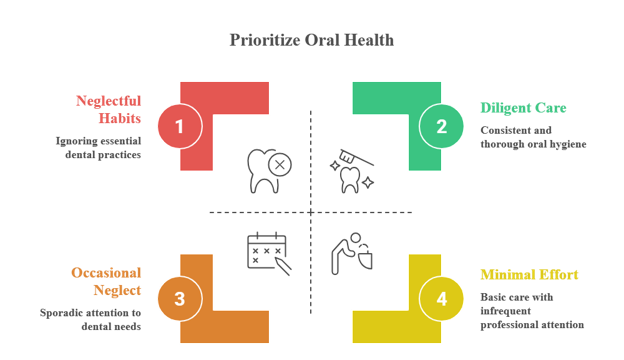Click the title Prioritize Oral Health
(312, 40)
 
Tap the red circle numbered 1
(180, 126)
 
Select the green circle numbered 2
(441, 126)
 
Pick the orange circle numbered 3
(180, 299)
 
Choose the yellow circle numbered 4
(441, 299)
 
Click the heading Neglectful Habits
(109, 109)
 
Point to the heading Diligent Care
(523, 108)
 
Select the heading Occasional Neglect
(106, 281)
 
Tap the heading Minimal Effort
(529, 274)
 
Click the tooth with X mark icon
(269, 171)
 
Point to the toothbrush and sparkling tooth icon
(352, 171)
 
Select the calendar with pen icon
(269, 253)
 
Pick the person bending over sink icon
(352, 254)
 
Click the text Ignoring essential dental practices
(98, 148)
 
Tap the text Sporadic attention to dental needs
(90, 319)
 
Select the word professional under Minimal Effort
(505, 325)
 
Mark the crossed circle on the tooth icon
(280, 165)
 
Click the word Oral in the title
(322, 40)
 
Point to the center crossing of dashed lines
(311, 212)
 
